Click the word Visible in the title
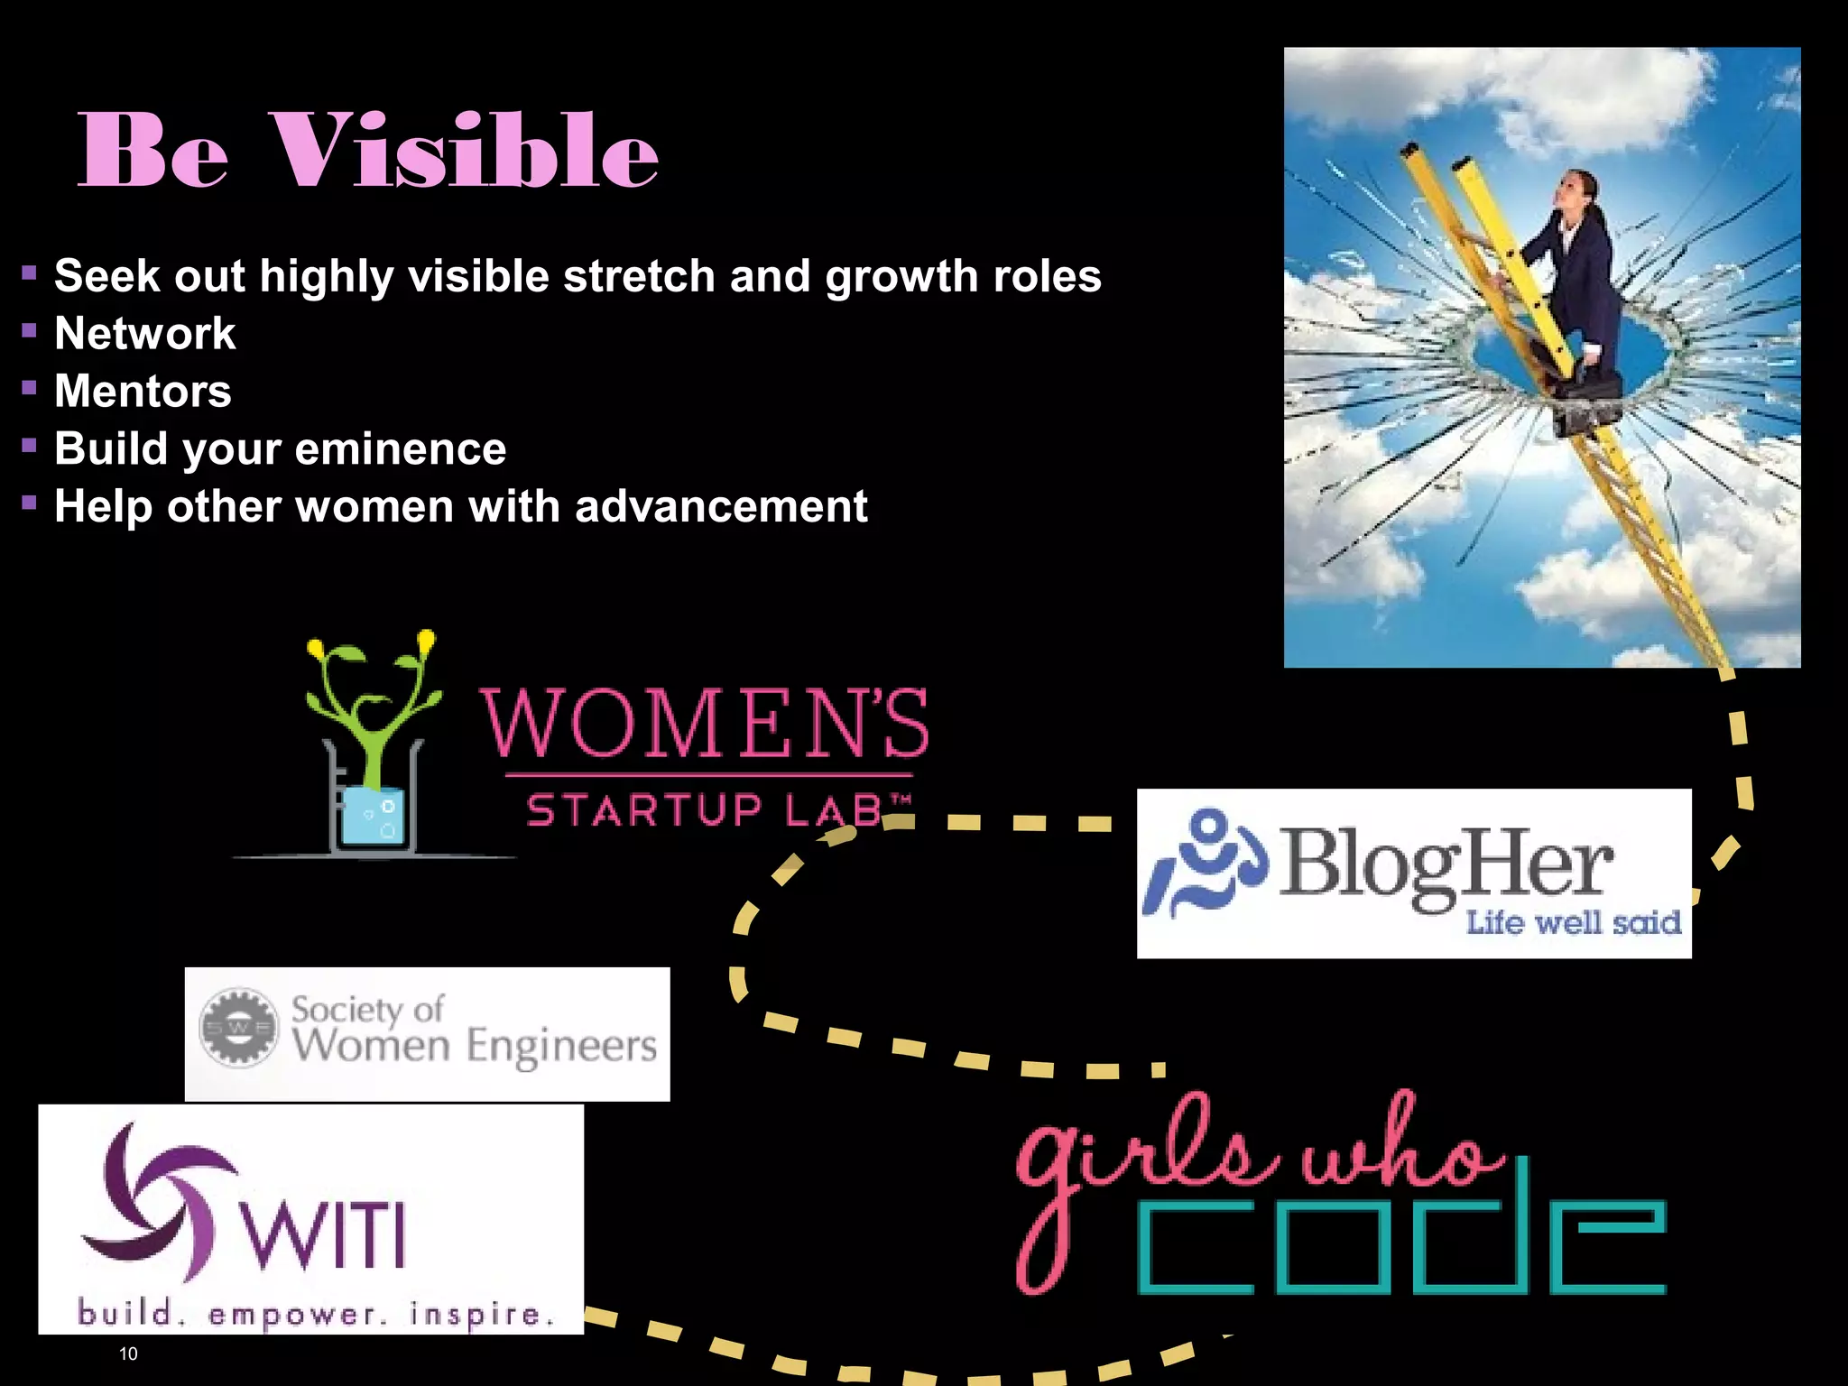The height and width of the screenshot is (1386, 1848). (464, 151)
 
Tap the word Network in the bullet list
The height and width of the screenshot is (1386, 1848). (144, 334)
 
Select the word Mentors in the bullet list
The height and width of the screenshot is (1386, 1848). (143, 392)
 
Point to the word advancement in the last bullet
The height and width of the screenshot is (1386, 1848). (721, 506)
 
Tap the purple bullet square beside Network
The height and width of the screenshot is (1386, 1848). (30, 331)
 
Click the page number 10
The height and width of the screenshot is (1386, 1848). (128, 1354)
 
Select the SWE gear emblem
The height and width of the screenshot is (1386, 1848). (238, 1028)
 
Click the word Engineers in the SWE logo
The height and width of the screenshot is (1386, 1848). (561, 1047)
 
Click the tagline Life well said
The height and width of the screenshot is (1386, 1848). (1573, 923)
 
